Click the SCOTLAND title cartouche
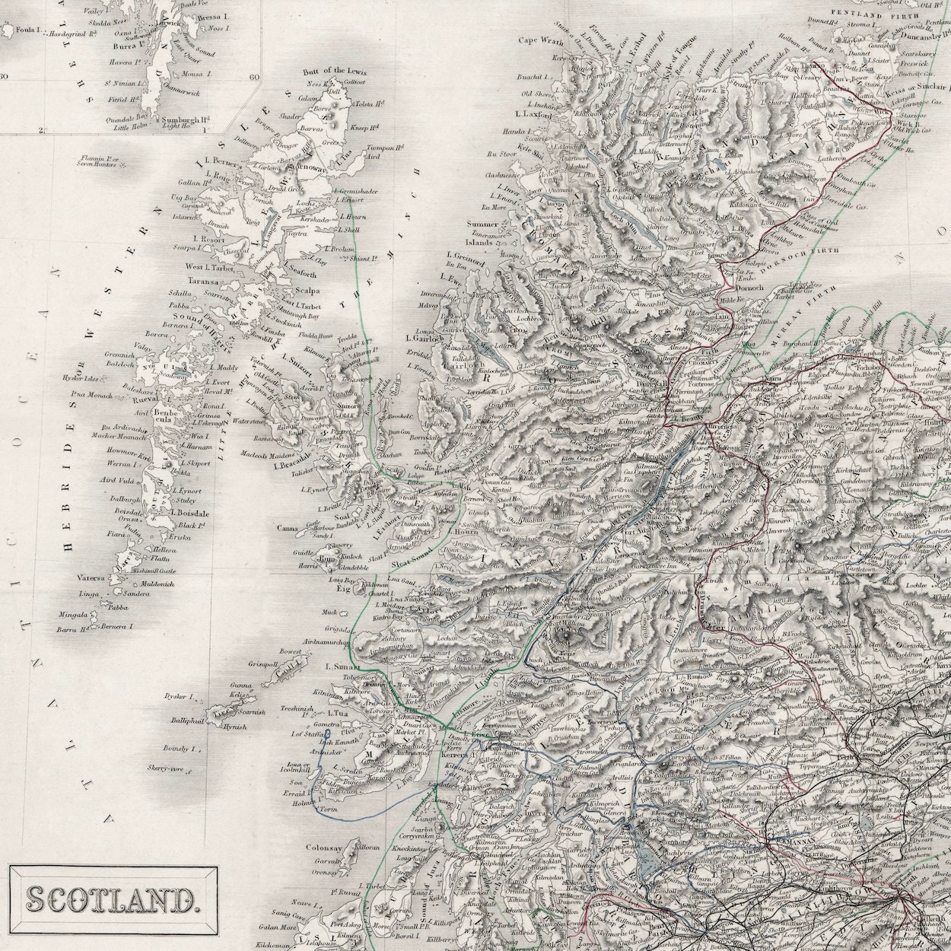click(x=111, y=900)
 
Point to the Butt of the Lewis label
click(x=335, y=72)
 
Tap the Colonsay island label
click(x=326, y=847)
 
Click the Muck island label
click(x=329, y=612)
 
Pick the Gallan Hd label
click(x=193, y=183)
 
